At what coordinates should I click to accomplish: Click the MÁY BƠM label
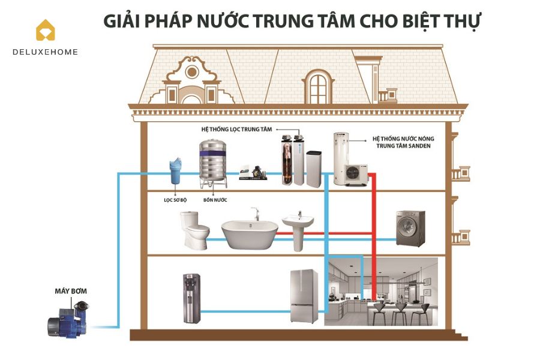[70, 291]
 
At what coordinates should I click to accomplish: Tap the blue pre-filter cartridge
[175, 170]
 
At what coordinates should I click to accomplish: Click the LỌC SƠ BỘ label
[175, 199]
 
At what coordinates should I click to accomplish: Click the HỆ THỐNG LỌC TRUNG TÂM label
[237, 129]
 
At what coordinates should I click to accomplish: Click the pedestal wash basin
[298, 228]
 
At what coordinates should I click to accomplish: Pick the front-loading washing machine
[410, 228]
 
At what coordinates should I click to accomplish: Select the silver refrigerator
[304, 296]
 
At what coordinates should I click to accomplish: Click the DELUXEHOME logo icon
[45, 30]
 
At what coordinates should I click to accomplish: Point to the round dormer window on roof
[192, 73]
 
